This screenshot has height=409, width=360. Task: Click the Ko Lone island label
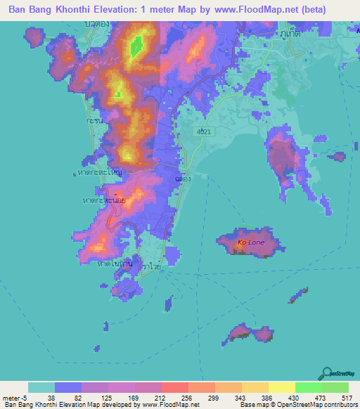click(250, 242)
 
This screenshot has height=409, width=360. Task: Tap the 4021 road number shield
click(205, 131)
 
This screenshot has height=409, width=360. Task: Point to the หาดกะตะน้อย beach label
click(104, 200)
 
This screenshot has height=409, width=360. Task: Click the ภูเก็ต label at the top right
click(286, 32)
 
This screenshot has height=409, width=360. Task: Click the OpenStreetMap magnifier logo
click(326, 372)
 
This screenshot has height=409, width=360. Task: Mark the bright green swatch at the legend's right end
click(335, 387)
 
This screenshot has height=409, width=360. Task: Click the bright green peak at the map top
click(136, 47)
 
